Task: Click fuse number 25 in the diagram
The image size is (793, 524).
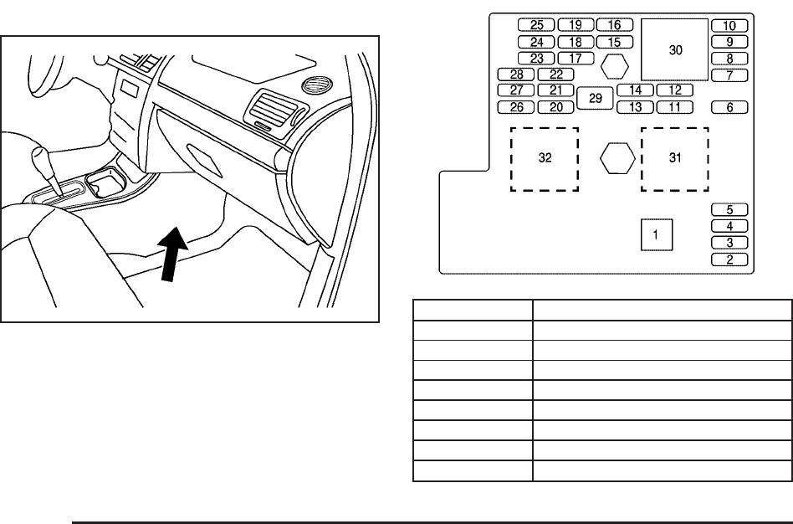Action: tap(536, 25)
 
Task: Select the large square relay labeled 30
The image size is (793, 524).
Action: tap(675, 50)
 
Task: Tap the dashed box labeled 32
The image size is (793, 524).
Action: tap(545, 158)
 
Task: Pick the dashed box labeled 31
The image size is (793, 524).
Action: tap(675, 158)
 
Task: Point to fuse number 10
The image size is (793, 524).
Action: tap(729, 26)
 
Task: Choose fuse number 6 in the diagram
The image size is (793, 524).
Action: tap(729, 107)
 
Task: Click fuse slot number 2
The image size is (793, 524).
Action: tap(729, 259)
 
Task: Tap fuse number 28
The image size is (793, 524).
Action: tap(515, 74)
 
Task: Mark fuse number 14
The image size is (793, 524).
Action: tap(635, 90)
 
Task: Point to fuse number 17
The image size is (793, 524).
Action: tap(576, 59)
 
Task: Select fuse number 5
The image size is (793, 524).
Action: tap(729, 210)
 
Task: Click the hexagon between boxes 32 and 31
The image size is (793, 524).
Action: tap(617, 157)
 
